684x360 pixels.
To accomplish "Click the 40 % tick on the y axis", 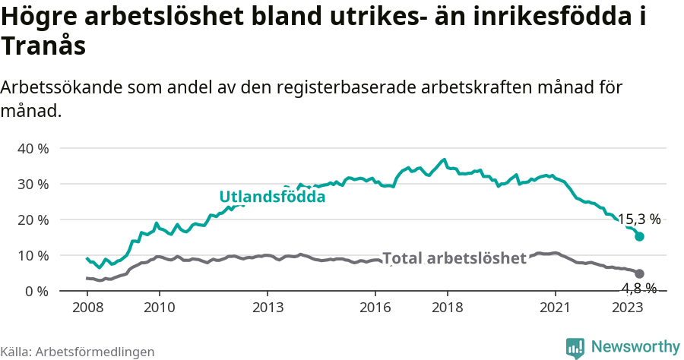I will (x=32, y=148).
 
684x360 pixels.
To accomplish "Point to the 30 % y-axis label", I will (x=32, y=184).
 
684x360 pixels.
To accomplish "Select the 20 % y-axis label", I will (x=32, y=219).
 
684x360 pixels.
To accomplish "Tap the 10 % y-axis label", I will (x=32, y=255).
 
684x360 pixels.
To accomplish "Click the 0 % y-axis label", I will (x=36, y=291).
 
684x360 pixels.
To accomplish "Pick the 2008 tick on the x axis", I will (x=87, y=307).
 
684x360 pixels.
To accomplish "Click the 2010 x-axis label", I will (x=160, y=307).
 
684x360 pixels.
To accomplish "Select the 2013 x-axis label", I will (x=268, y=307).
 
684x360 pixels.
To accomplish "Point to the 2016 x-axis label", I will (x=375, y=307).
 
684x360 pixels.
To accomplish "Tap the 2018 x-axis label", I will (x=447, y=307).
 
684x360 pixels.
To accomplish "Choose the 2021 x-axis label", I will (x=555, y=307).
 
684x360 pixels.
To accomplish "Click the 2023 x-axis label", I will (x=627, y=307).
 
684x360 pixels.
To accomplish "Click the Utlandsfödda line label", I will (x=272, y=197).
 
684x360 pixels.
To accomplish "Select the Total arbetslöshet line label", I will (x=454, y=258).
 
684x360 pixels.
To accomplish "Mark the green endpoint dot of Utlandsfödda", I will (x=639, y=236).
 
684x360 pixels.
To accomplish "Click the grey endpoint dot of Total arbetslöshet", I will (x=639, y=273).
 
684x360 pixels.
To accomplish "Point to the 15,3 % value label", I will (x=638, y=219).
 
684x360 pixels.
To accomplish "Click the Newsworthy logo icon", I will (x=575, y=347).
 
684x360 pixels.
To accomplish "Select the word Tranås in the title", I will (x=43, y=46).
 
